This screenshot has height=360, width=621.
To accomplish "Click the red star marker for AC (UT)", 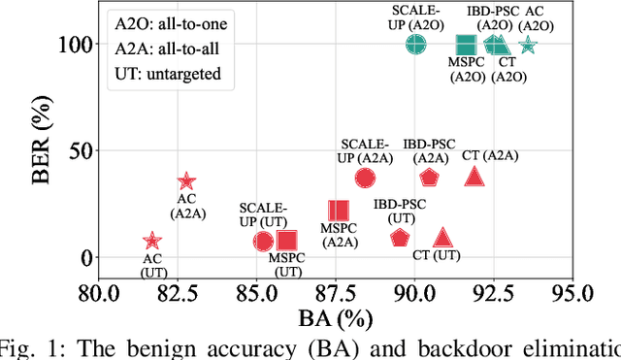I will pos(151,241).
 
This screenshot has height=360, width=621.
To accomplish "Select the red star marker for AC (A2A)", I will pos(187,181).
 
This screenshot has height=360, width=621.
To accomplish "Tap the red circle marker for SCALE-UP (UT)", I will pos(264,241).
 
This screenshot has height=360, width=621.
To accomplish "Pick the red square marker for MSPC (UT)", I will pos(286,241).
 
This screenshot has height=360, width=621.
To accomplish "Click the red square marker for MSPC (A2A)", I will pos(338,211).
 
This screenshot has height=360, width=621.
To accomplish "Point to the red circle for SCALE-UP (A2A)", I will pos(365,178).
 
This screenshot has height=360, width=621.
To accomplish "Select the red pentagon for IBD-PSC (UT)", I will pos(400,238).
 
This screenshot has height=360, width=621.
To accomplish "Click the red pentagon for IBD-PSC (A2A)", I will pos(430,178).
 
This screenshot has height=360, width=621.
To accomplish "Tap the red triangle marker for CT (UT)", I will pos(443,238).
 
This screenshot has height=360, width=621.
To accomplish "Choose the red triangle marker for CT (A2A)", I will pos(474,177).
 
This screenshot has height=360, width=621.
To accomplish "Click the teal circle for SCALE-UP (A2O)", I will pos(415,45).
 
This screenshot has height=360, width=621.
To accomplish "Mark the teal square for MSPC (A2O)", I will pos(466,45).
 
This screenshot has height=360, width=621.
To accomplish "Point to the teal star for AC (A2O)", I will pos(528,45).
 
